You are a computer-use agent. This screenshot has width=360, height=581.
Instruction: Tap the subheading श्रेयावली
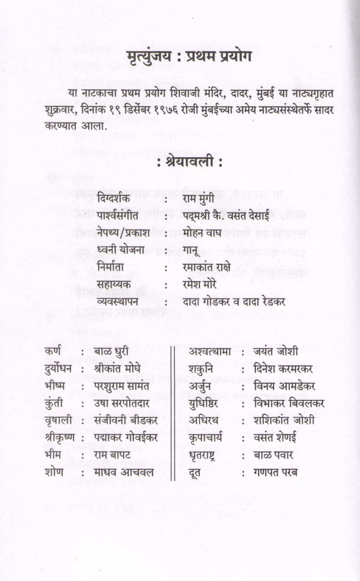pos(189,163)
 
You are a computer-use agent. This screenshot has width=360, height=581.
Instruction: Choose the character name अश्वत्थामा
pos(210,351)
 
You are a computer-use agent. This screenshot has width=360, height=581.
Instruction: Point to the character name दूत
pos(196,472)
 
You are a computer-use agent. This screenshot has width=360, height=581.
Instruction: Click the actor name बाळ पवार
pos(273,455)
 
